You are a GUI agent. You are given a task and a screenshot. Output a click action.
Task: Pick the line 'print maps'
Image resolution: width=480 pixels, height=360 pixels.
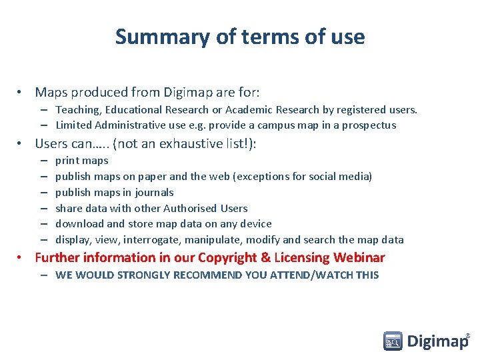click(81, 161)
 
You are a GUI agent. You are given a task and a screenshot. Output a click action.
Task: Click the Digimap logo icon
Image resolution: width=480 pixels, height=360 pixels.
click(393, 341)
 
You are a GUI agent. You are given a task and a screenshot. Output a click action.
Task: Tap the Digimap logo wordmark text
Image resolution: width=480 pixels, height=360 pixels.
click(437, 342)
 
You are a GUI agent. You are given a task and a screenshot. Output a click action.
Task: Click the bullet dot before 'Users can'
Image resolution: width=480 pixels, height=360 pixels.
click(21, 143)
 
